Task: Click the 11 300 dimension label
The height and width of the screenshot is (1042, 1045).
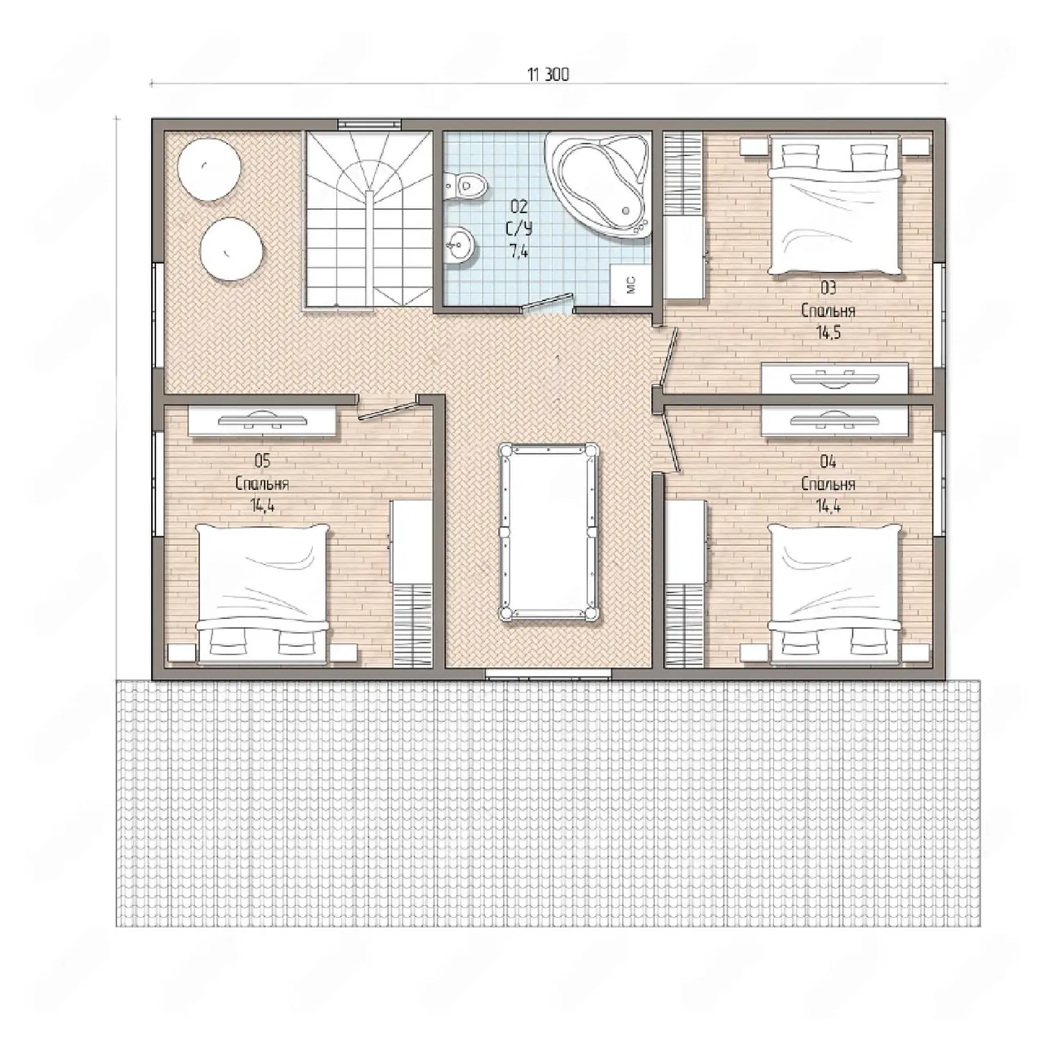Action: tap(549, 75)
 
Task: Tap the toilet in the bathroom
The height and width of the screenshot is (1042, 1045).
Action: tap(465, 186)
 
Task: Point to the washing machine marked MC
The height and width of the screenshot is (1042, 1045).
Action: tap(631, 284)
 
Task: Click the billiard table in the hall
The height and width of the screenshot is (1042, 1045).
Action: tap(549, 532)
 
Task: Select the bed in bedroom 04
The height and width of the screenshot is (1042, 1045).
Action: tap(836, 593)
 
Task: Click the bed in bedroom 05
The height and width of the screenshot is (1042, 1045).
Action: tap(263, 593)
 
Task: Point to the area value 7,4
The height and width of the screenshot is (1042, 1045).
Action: tap(518, 252)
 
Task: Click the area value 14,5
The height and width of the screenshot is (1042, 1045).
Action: tap(828, 332)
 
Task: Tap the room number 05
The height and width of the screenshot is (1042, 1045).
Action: tap(262, 461)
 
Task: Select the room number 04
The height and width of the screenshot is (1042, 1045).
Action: tap(828, 461)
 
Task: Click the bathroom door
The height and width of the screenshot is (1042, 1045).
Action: tap(548, 303)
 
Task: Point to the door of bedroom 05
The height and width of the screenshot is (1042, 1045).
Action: tap(387, 409)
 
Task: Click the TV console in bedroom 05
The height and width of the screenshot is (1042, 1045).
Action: tap(262, 421)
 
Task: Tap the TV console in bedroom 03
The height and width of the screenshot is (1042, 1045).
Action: tap(835, 378)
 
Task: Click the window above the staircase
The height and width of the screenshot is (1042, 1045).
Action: tap(369, 124)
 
